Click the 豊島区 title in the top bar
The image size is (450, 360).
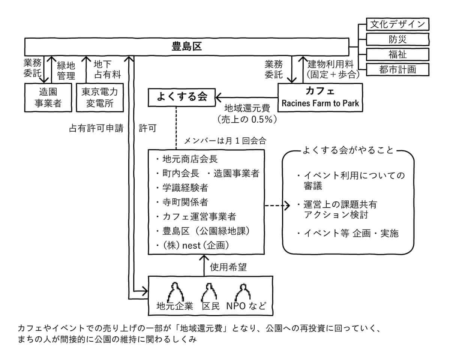coord(186,46)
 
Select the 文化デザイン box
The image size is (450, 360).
coord(397,24)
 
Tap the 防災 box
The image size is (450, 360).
coord(397,39)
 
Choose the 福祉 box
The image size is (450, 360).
coord(397,54)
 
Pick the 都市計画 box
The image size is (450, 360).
coord(397,69)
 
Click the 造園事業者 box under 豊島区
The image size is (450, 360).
coord(48,97)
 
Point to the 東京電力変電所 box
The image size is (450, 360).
coord(100,97)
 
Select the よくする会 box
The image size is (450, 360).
coord(182,97)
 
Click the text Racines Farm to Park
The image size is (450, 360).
coord(320,103)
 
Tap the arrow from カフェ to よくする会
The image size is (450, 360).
coord(247,97)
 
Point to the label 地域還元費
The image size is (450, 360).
coord(247,108)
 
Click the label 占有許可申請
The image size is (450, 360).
coord(96,128)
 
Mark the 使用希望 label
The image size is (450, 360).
coord(228,267)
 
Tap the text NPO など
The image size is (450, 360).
coord(246,306)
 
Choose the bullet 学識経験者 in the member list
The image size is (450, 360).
coord(185,187)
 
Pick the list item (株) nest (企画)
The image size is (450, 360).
coord(196,245)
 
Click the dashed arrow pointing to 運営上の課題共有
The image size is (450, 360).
coord(277,205)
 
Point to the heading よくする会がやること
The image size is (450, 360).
coord(348,150)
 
